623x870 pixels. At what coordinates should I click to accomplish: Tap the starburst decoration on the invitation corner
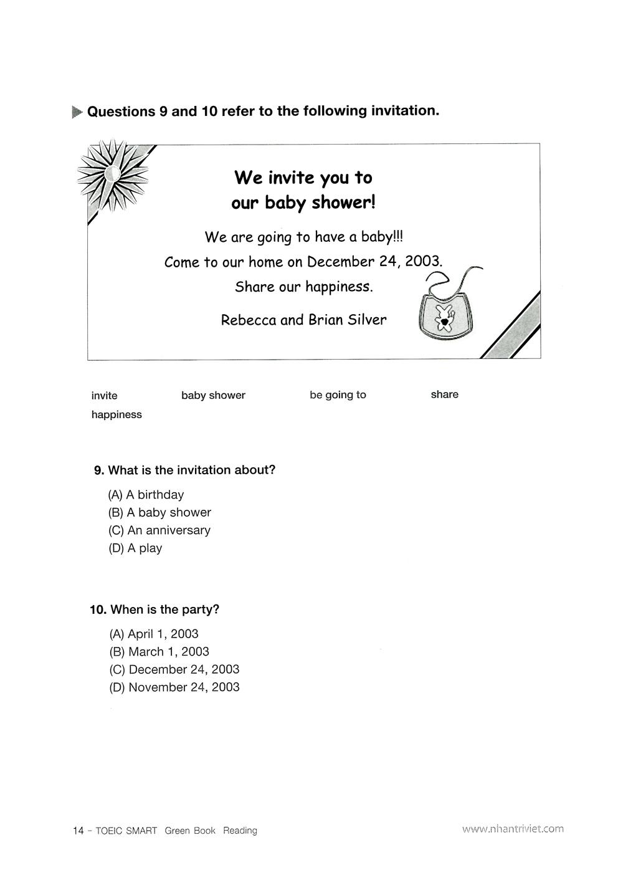click(113, 176)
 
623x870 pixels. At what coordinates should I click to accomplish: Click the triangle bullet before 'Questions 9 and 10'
click(77, 112)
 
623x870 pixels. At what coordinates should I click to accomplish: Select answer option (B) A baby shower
click(159, 512)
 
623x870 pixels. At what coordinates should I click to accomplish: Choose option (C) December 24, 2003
click(174, 669)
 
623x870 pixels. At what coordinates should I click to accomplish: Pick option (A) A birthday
click(146, 495)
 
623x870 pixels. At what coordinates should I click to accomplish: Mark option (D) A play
click(135, 548)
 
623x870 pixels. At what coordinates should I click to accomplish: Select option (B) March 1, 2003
click(159, 652)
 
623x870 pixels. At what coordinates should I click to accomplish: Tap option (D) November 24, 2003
click(174, 687)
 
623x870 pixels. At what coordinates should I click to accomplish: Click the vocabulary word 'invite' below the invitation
click(104, 396)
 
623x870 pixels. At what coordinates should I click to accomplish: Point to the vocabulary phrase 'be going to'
click(338, 395)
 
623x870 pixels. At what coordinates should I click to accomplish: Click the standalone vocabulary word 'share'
click(444, 394)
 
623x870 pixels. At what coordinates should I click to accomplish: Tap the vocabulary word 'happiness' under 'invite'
click(117, 415)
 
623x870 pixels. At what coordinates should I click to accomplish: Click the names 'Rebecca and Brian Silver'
click(303, 320)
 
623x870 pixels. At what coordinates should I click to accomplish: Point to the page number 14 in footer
click(78, 831)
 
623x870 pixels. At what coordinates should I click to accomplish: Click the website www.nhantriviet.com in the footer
click(513, 829)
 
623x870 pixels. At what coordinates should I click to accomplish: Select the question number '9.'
click(99, 471)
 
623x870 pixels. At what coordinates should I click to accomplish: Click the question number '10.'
click(98, 609)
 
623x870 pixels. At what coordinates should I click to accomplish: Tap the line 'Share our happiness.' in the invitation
click(303, 287)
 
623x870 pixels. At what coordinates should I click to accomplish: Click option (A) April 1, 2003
click(154, 634)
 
